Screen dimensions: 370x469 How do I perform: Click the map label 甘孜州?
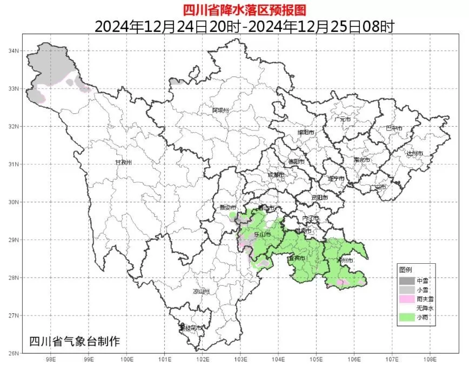tap(123, 162)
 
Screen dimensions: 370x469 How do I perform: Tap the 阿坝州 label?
tap(221, 110)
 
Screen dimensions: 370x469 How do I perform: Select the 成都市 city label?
tap(275, 175)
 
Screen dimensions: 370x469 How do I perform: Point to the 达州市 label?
tap(414, 154)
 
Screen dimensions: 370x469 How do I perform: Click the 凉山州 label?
tap(201, 291)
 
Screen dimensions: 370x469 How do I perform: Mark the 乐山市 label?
tap(263, 235)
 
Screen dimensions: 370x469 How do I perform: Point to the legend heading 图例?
tap(406, 270)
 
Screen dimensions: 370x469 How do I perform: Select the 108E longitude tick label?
tap(430, 359)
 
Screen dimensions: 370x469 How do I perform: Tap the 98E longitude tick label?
tap(51, 359)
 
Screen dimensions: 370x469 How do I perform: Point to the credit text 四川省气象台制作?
tap(75, 341)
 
